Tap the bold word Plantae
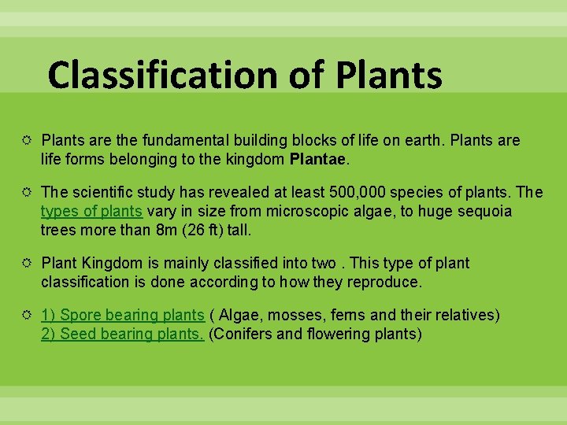[x=318, y=160]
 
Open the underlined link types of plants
[x=91, y=212]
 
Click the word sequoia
[x=485, y=212]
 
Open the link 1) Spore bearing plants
[x=123, y=315]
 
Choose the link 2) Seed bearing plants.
[x=123, y=334]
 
